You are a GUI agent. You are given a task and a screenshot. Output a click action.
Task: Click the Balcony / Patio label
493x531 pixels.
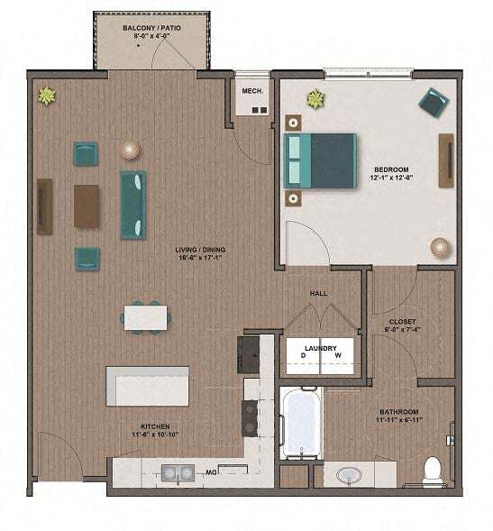(x=151, y=28)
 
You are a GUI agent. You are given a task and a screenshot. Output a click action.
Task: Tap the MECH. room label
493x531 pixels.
(x=251, y=91)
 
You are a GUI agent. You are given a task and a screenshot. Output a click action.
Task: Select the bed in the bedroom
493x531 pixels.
(x=320, y=160)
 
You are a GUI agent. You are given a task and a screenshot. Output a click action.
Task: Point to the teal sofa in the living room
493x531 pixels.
(x=133, y=204)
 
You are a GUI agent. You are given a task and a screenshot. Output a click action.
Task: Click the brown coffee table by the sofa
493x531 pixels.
(x=87, y=206)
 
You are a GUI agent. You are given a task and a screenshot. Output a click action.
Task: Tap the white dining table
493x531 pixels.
(x=145, y=317)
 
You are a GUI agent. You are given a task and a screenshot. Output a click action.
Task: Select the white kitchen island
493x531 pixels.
(x=148, y=386)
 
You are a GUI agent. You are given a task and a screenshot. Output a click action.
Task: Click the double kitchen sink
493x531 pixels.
(x=176, y=471)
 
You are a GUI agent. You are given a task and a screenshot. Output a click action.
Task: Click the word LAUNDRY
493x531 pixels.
(x=320, y=348)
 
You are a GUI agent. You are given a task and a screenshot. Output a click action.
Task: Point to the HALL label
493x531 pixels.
(x=319, y=294)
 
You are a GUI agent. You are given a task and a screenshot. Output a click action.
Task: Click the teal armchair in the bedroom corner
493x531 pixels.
(x=433, y=103)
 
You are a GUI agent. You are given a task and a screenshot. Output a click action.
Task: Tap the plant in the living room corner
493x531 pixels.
(x=46, y=95)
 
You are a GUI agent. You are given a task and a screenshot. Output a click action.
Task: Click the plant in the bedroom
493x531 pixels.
(x=315, y=99)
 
